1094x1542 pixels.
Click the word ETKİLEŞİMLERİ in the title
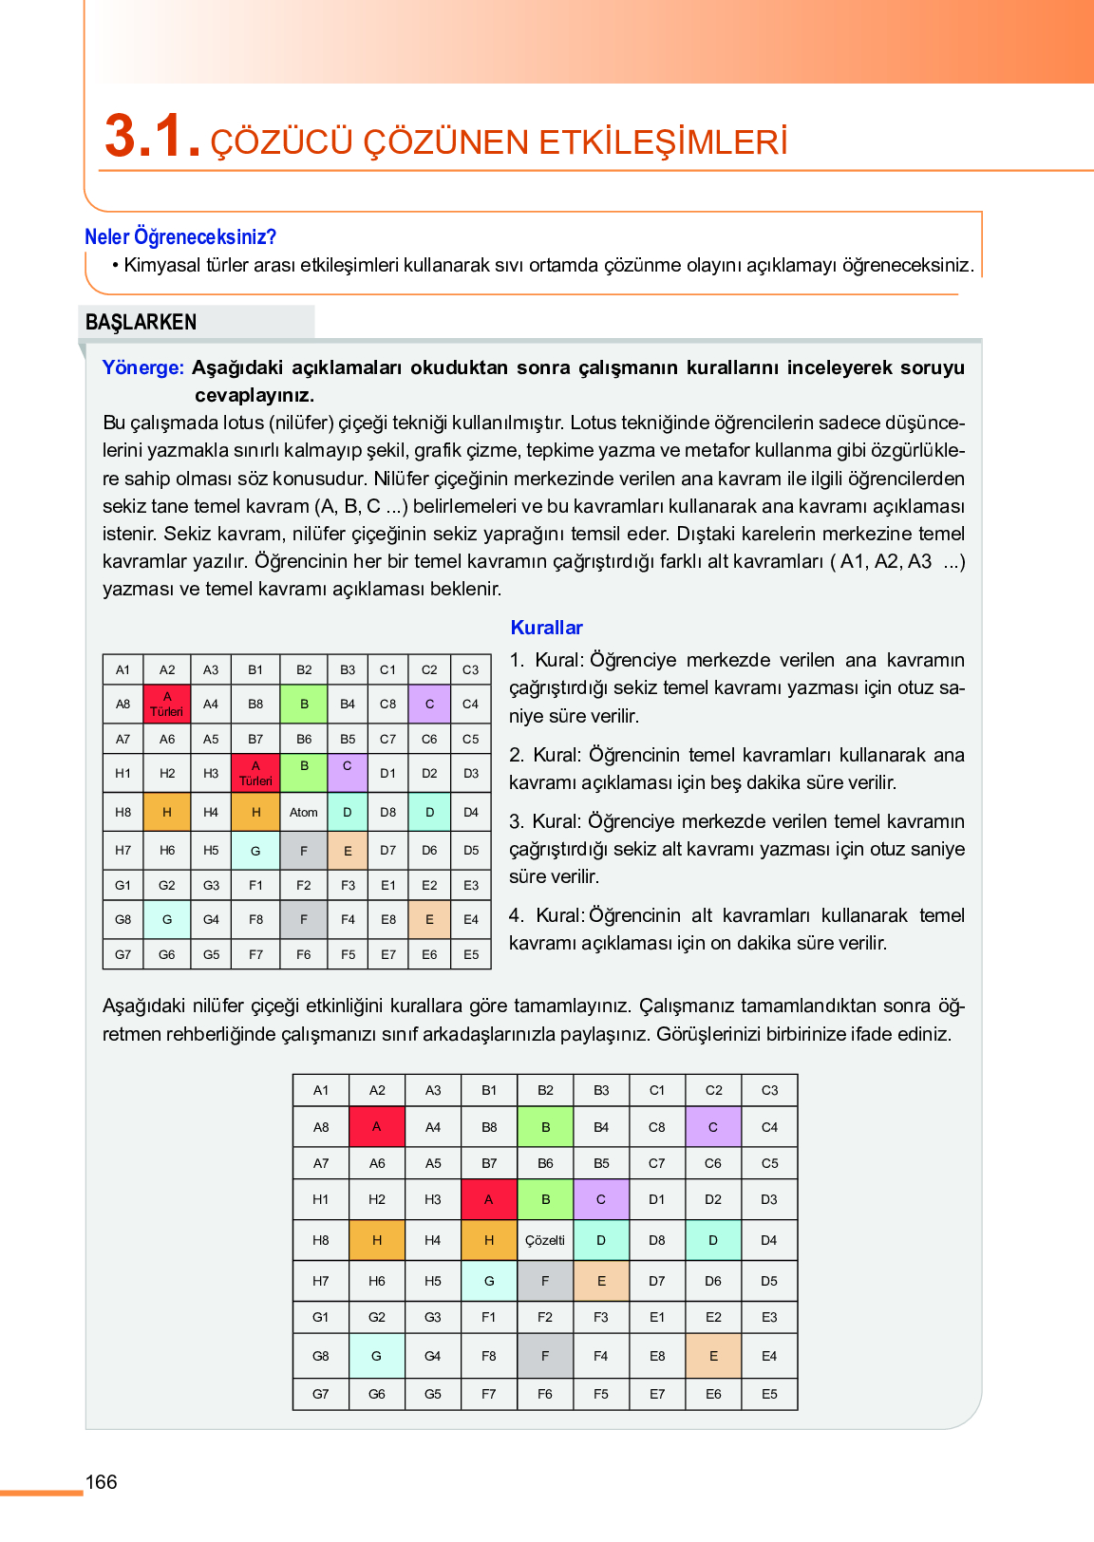pyautogui.click(x=663, y=142)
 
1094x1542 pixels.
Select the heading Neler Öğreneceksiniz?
pyautogui.click(x=180, y=236)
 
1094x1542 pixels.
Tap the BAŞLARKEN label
pyautogui.click(x=141, y=322)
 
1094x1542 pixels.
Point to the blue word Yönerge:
pyautogui.click(x=142, y=367)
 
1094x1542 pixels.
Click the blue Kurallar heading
pyautogui.click(x=546, y=628)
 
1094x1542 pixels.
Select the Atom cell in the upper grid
pyautogui.click(x=304, y=813)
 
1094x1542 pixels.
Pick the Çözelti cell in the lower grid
pyautogui.click(x=545, y=1240)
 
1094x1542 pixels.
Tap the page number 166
pyautogui.click(x=102, y=1482)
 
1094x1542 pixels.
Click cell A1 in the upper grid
pyautogui.click(x=123, y=669)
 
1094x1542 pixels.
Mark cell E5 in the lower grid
pyautogui.click(x=769, y=1394)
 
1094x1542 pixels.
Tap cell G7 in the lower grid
pyautogui.click(x=321, y=1394)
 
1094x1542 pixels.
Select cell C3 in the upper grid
pyautogui.click(x=471, y=669)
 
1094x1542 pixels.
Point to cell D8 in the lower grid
pyautogui.click(x=657, y=1240)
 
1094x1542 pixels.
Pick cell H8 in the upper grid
pyautogui.click(x=123, y=813)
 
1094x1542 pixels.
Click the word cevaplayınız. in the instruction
pyautogui.click(x=255, y=395)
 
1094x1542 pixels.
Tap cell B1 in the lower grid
pyautogui.click(x=489, y=1090)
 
